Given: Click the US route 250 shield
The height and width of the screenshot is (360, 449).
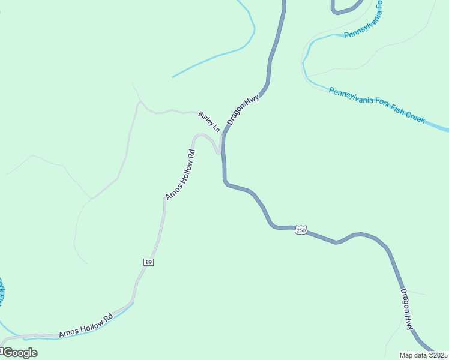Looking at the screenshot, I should click(x=301, y=230).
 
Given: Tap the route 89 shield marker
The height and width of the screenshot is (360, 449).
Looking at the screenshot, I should click(x=148, y=262).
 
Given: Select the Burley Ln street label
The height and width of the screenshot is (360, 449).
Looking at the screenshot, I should click(x=209, y=122).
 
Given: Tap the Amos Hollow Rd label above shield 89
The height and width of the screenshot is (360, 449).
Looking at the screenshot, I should click(x=181, y=175).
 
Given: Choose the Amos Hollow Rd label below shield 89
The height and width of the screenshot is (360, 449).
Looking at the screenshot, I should click(x=85, y=326).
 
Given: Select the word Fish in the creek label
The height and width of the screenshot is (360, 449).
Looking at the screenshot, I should click(x=393, y=109).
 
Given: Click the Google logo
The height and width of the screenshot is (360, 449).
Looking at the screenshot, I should click(x=19, y=353).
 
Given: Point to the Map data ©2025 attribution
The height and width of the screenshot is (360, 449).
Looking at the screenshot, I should click(x=424, y=355).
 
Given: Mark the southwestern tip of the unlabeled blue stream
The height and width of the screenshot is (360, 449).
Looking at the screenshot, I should click(x=173, y=77).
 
